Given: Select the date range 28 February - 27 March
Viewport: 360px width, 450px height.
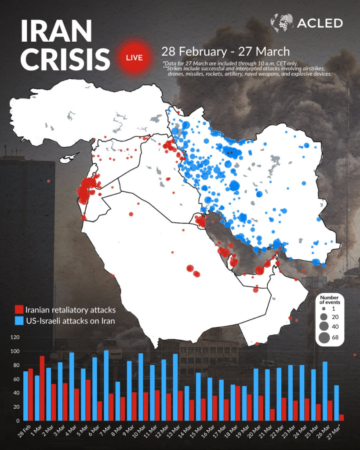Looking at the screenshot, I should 225,51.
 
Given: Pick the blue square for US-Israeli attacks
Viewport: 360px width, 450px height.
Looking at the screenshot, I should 19,320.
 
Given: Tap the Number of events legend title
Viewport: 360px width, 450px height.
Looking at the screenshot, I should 330,300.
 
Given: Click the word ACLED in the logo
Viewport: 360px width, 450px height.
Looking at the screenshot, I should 320,23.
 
